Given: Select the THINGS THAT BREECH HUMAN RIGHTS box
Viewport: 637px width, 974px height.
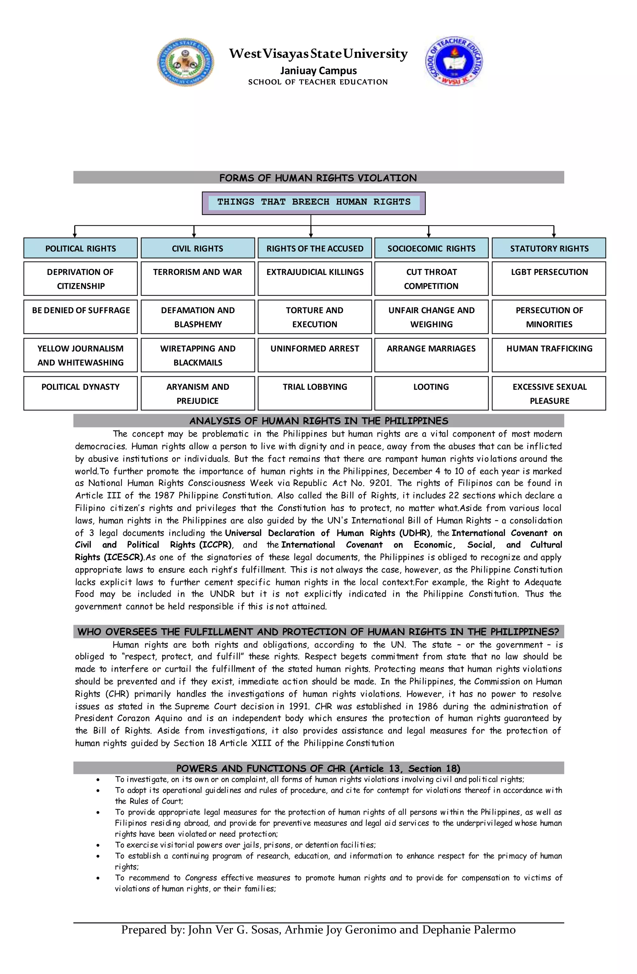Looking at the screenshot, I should pyautogui.click(x=314, y=202).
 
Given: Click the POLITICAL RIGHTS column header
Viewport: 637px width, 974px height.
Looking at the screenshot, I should pyautogui.click(x=81, y=248).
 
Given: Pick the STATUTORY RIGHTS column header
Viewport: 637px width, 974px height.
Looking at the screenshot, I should pyautogui.click(x=549, y=248).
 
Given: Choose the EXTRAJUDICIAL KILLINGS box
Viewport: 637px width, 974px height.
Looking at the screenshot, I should pyautogui.click(x=314, y=278).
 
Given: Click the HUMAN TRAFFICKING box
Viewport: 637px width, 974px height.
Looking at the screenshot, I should pyautogui.click(x=549, y=355).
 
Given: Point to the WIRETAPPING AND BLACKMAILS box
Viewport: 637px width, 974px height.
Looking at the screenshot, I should pyautogui.click(x=198, y=355).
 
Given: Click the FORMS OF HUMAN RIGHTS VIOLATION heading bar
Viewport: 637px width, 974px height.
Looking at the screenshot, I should pyautogui.click(x=318, y=178).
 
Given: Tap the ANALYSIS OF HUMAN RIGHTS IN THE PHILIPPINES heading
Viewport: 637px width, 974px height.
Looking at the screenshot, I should pyautogui.click(x=318, y=421).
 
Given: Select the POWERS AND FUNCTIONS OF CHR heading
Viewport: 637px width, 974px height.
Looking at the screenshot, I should pyautogui.click(x=318, y=768).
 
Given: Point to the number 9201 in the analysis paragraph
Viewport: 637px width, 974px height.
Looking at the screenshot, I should pyautogui.click(x=380, y=483).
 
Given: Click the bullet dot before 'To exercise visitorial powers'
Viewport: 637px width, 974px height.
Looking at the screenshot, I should pyautogui.click(x=98, y=845).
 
